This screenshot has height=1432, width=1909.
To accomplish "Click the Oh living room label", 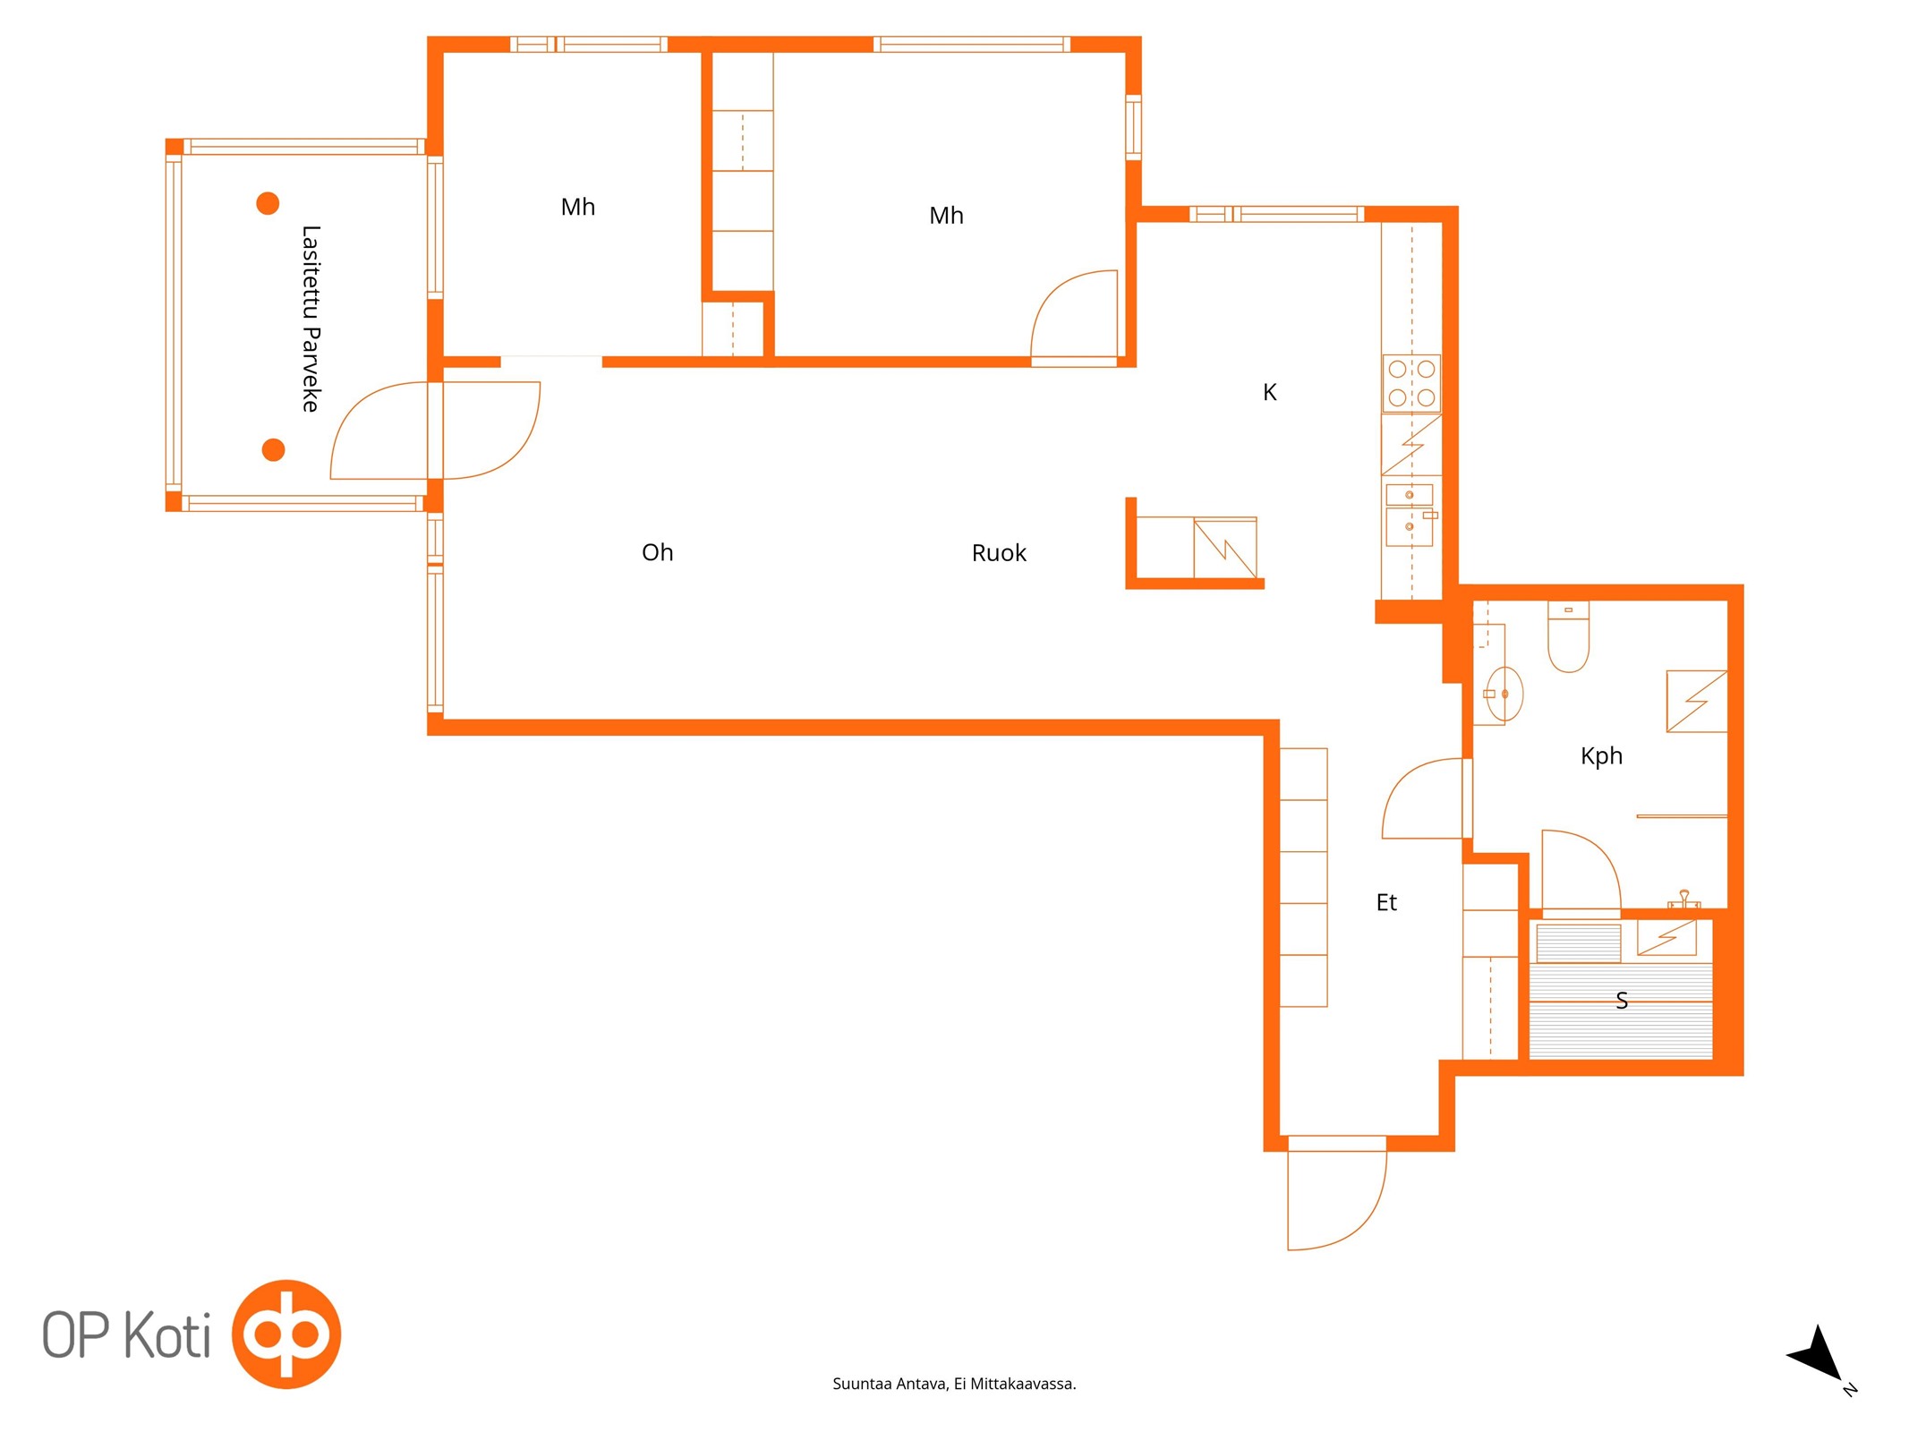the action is click(x=657, y=552).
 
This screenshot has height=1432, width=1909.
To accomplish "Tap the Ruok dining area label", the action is click(x=999, y=553).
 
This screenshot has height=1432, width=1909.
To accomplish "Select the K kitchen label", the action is click(x=1269, y=392).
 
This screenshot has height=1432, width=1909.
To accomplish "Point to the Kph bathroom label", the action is click(x=1601, y=756).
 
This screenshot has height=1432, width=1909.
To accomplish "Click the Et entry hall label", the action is click(x=1386, y=902).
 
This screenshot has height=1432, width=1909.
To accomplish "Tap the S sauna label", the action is click(x=1622, y=1001).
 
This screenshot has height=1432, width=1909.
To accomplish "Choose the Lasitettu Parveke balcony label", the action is click(x=311, y=319).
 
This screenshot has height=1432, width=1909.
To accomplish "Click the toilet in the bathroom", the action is click(x=1568, y=636).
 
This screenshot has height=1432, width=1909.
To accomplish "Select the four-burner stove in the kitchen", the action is click(x=1411, y=383).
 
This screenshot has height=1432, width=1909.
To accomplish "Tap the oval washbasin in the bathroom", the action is click(x=1504, y=694).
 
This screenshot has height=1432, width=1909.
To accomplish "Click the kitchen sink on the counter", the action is click(x=1410, y=515).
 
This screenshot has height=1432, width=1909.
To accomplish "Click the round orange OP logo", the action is click(x=286, y=1334).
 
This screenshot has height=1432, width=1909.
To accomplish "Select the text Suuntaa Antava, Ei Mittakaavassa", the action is click(x=954, y=1384).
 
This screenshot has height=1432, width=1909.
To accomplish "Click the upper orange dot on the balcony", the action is click(x=268, y=203).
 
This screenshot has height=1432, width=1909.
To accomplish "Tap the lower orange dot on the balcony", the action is click(x=273, y=449).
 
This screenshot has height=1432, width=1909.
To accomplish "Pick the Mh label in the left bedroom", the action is click(x=577, y=207).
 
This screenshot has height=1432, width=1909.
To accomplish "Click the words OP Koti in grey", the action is click(x=126, y=1335).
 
